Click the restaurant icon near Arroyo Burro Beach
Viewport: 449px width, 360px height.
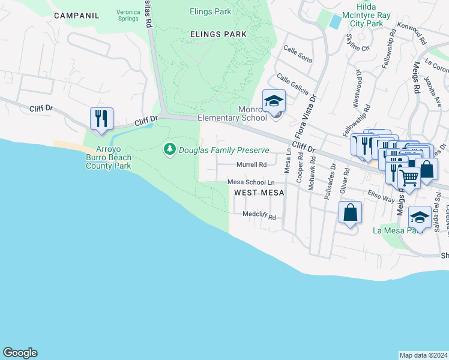click(101, 118)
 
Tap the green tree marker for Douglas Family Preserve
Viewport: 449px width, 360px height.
click(170, 148)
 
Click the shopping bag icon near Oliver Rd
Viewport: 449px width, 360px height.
click(350, 212)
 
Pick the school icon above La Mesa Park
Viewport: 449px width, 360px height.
click(420, 217)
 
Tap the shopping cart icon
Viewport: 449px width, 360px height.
click(409, 177)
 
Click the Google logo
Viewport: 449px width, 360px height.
click(20, 353)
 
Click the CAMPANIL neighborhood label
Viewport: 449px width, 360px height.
click(76, 15)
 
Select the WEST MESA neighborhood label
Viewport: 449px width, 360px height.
click(258, 193)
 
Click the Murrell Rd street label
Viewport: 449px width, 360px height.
click(252, 164)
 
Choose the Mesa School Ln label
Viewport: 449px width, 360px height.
click(251, 182)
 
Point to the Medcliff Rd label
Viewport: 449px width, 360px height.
click(259, 216)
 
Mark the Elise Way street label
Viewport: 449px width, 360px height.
click(380, 196)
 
